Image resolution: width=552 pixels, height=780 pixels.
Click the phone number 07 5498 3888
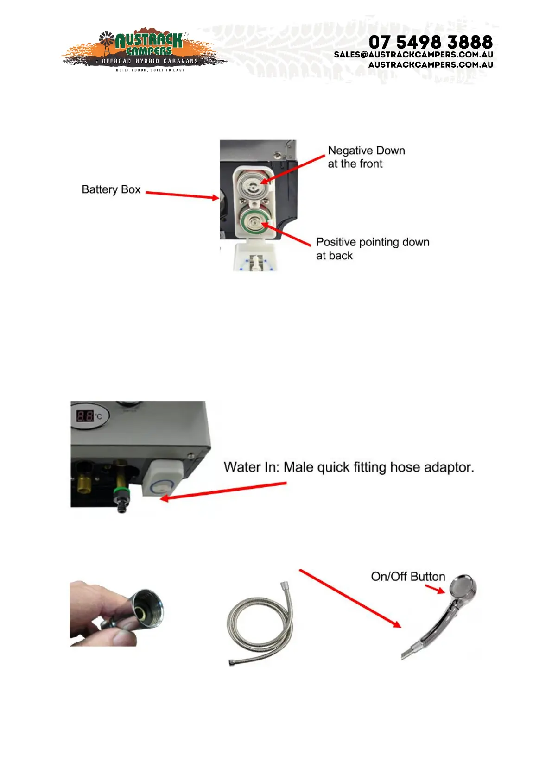click(431, 42)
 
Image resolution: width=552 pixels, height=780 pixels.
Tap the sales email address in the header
click(413, 55)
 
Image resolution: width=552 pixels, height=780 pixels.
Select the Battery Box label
click(111, 189)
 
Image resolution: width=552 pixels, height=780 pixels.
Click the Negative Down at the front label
click(366, 157)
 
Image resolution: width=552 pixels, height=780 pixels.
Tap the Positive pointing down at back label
click(372, 249)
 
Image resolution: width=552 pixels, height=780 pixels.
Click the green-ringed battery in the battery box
click(254, 221)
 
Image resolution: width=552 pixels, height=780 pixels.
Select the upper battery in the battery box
click(253, 184)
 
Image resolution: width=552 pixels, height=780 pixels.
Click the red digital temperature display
click(85, 415)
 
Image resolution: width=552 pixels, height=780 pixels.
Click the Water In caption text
click(349, 467)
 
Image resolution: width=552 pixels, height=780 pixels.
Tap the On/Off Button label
click(408, 577)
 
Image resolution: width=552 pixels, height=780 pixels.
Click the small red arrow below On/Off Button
click(435, 589)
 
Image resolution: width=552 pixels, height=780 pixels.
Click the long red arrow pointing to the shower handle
click(350, 598)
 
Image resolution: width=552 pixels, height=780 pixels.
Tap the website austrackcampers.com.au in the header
click(431, 65)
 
